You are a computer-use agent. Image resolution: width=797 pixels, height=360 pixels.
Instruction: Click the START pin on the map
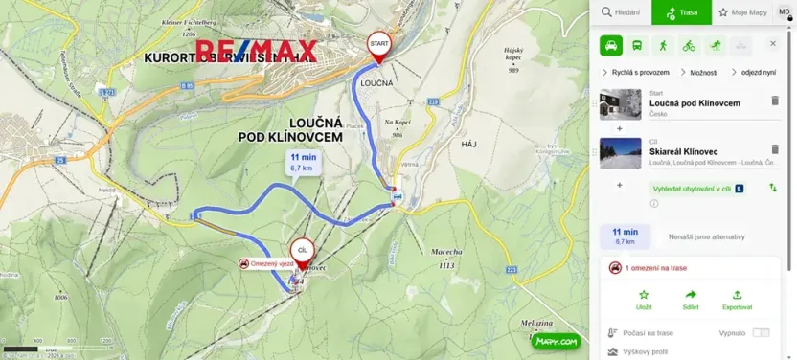tap(378, 45)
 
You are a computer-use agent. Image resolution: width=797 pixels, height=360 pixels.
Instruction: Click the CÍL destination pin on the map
tap(302, 251)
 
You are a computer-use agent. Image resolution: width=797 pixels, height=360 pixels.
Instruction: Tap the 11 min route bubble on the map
tap(303, 161)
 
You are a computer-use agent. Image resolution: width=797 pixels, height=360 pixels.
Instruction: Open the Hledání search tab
tap(621, 12)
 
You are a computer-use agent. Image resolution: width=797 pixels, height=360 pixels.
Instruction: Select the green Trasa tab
tap(681, 12)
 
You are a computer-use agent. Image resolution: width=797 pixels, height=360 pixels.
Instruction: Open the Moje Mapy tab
tap(743, 12)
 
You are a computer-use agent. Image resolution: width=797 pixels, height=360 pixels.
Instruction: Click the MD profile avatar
tap(784, 11)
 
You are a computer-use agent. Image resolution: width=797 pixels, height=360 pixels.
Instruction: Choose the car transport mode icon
tap(611, 45)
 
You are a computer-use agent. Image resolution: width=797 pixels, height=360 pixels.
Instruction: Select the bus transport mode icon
tap(637, 45)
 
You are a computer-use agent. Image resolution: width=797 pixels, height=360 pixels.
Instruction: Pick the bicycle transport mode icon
tap(689, 45)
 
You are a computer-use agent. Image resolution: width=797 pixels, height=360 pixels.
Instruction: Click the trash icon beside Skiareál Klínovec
tap(775, 149)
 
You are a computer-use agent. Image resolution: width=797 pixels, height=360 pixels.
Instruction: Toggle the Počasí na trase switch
tap(761, 332)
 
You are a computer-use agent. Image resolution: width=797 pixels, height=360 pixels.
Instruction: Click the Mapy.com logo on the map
tap(557, 341)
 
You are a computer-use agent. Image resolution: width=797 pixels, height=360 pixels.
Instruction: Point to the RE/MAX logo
tap(257, 51)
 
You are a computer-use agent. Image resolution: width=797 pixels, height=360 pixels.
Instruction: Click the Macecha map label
tap(447, 251)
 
